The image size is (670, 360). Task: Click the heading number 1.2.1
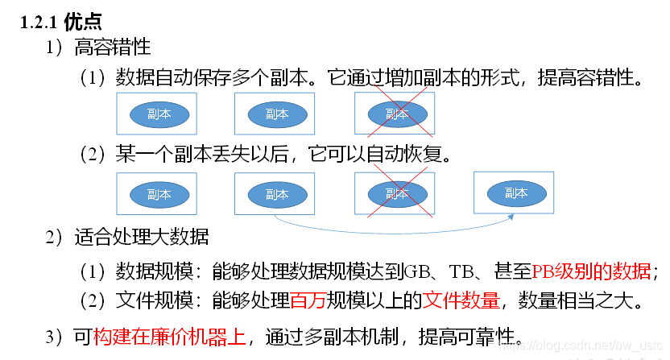coord(39,22)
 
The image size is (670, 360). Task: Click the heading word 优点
coord(83,22)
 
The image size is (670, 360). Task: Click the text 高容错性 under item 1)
coord(111,48)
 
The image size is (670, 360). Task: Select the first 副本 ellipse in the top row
coord(159,114)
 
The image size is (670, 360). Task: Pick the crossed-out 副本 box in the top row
coord(395,114)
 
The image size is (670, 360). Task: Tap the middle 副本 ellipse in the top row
coord(275,114)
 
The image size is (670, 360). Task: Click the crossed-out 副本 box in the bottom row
coord(395,194)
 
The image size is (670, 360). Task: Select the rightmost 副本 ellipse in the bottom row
coord(515,192)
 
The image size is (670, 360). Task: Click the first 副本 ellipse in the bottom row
coord(159,195)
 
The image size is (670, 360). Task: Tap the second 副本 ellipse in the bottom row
coord(275,195)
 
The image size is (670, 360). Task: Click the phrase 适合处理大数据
coord(142,238)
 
